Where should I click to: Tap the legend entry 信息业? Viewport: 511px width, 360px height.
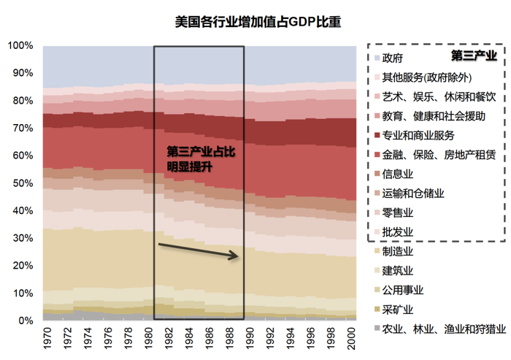coord(398,175)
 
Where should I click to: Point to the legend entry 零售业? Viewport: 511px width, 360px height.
coord(398,213)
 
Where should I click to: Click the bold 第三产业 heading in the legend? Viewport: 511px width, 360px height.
coord(474,55)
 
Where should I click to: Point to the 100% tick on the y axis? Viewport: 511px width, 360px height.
coord(20,46)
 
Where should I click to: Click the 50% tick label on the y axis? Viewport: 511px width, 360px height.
coord(22,183)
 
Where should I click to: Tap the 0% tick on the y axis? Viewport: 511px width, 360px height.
coord(25,321)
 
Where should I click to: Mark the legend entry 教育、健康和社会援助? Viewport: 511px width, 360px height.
coord(434,116)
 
